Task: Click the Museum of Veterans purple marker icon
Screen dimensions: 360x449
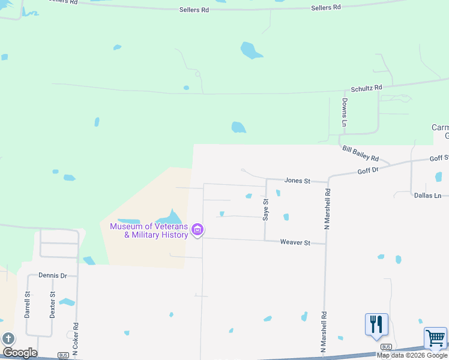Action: point(197,230)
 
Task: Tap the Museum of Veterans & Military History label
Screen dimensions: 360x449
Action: point(148,230)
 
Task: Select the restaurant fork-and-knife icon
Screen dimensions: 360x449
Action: point(376,324)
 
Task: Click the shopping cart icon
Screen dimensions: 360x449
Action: point(435,338)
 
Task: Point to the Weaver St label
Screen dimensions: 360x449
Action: point(295,242)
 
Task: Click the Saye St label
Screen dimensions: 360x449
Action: point(265,210)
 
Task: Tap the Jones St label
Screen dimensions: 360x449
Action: point(297,181)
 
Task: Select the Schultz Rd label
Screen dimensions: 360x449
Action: point(366,88)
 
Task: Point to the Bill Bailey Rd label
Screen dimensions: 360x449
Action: point(360,154)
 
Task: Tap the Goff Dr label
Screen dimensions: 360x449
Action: point(368,170)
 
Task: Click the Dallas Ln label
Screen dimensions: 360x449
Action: point(427,196)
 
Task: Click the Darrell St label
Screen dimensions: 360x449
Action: point(28,304)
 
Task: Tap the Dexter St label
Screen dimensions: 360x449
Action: point(53,304)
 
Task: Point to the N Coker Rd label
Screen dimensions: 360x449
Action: point(76,340)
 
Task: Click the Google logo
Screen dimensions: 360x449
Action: point(20,353)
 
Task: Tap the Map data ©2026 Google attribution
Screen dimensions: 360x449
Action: point(412,355)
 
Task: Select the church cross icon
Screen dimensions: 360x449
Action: point(8,339)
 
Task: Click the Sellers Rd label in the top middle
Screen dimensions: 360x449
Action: point(194,10)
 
